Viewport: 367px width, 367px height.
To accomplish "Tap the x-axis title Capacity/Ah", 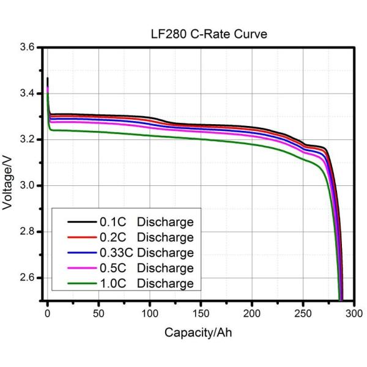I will (198, 333).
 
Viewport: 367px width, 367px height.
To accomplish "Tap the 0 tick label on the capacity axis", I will (48, 314).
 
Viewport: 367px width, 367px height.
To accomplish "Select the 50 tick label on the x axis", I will (99, 314).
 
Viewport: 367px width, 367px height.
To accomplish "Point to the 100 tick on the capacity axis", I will (150, 314).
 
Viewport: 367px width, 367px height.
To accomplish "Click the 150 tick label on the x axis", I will (201, 314).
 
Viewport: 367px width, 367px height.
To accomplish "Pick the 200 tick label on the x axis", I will (253, 314).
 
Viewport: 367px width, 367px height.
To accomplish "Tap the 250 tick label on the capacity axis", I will (303, 314).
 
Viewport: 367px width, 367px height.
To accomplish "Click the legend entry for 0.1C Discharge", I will (146, 221).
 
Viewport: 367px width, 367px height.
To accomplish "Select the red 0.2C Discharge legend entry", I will (146, 237).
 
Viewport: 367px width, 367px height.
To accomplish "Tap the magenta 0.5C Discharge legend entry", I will (146, 268).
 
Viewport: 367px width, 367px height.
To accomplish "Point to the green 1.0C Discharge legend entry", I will (146, 283).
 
